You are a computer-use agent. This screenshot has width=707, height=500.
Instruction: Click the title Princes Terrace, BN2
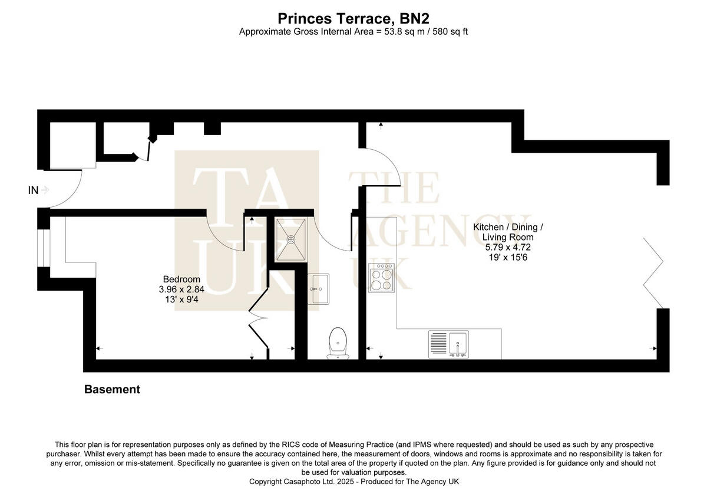coord(353,19)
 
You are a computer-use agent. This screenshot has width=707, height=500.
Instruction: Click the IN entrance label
coord(34,190)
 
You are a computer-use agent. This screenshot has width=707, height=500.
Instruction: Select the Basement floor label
coord(112,389)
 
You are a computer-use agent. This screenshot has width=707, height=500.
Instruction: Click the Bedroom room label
coord(181,279)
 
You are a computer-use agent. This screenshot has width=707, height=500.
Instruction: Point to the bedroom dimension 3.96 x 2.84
coord(181,290)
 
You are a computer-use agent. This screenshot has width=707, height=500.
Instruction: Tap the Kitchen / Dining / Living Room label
coord(508,232)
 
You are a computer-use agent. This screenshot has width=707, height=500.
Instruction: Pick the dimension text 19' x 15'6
coord(508,257)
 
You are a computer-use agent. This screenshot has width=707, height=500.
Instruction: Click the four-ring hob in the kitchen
coord(381,278)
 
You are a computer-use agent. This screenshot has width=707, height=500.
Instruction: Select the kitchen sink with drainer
coord(449,344)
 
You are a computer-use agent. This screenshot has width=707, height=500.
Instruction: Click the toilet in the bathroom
coord(338,342)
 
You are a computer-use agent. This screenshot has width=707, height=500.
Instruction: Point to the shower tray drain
coord(291,239)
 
